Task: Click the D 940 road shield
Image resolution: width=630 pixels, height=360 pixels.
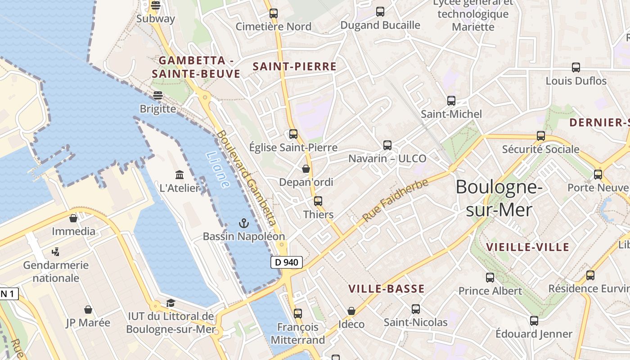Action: pyautogui.click(x=287, y=262)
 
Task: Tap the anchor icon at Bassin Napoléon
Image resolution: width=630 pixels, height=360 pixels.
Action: pyautogui.click(x=243, y=223)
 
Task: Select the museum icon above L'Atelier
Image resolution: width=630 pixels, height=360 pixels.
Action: pyautogui.click(x=180, y=175)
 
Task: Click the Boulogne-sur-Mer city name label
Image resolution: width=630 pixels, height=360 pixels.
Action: pyautogui.click(x=499, y=198)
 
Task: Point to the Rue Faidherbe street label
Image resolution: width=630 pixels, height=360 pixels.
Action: pyautogui.click(x=396, y=200)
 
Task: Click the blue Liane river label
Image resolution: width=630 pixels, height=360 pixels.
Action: pyautogui.click(x=218, y=169)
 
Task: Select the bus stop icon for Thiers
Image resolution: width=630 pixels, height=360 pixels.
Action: pyautogui.click(x=318, y=201)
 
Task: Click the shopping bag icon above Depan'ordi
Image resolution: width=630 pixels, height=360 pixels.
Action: pyautogui.click(x=306, y=169)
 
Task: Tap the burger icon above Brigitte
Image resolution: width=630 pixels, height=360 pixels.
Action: pyautogui.click(x=157, y=95)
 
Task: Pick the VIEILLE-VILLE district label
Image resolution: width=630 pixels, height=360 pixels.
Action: pyautogui.click(x=528, y=247)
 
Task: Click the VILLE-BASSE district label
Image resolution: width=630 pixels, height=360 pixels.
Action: pyautogui.click(x=387, y=289)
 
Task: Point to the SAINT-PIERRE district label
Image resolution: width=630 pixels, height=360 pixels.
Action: pyautogui.click(x=295, y=67)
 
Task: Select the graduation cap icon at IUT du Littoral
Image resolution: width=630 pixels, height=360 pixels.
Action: pyautogui.click(x=171, y=303)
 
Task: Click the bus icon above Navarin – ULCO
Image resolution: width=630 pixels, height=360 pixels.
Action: pyautogui.click(x=387, y=145)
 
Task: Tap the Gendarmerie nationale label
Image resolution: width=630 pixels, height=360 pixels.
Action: pyautogui.click(x=56, y=271)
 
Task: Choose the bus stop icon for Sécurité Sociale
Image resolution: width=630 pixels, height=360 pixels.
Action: pyautogui.click(x=541, y=136)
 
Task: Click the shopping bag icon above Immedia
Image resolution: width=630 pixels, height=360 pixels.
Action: pyautogui.click(x=73, y=218)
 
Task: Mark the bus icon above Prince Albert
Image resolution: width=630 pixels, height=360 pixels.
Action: pyautogui.click(x=490, y=278)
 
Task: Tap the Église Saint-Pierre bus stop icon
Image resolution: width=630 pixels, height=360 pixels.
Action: pyautogui.click(x=293, y=134)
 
